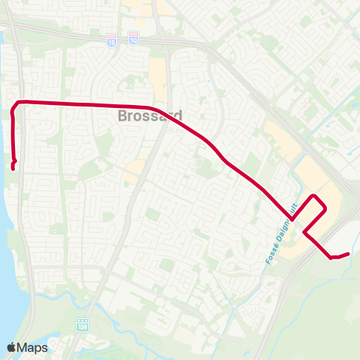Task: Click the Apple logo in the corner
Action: tap(12, 347)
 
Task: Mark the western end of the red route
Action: tap(14, 167)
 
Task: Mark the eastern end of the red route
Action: tap(349, 254)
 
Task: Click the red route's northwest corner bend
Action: tap(19, 102)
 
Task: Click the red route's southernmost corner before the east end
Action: tap(331, 258)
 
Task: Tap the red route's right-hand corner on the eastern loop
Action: tap(326, 206)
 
